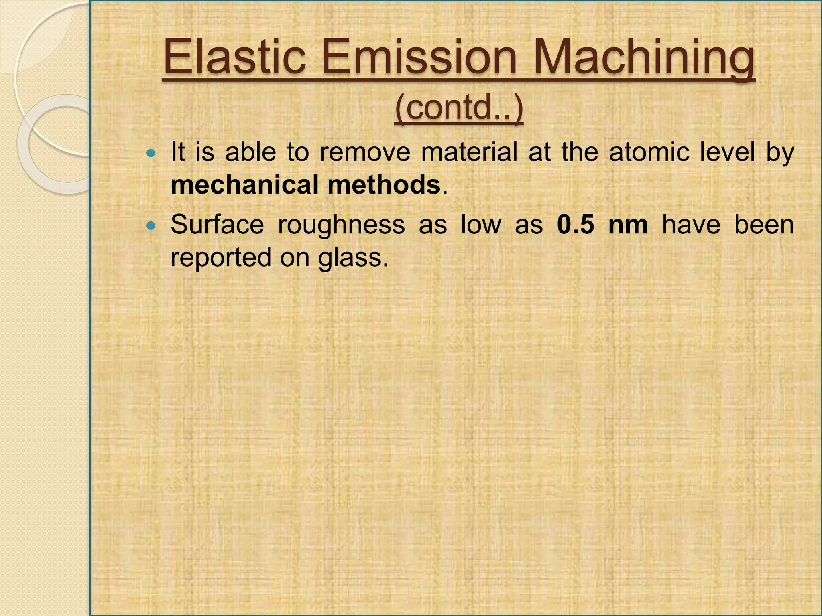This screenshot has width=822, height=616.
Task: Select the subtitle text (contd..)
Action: tap(459, 108)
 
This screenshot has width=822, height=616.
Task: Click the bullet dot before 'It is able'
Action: tap(151, 153)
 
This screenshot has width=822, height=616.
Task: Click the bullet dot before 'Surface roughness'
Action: tap(151, 226)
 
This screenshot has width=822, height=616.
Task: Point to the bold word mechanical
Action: tap(245, 185)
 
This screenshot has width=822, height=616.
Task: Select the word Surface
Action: tap(217, 225)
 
